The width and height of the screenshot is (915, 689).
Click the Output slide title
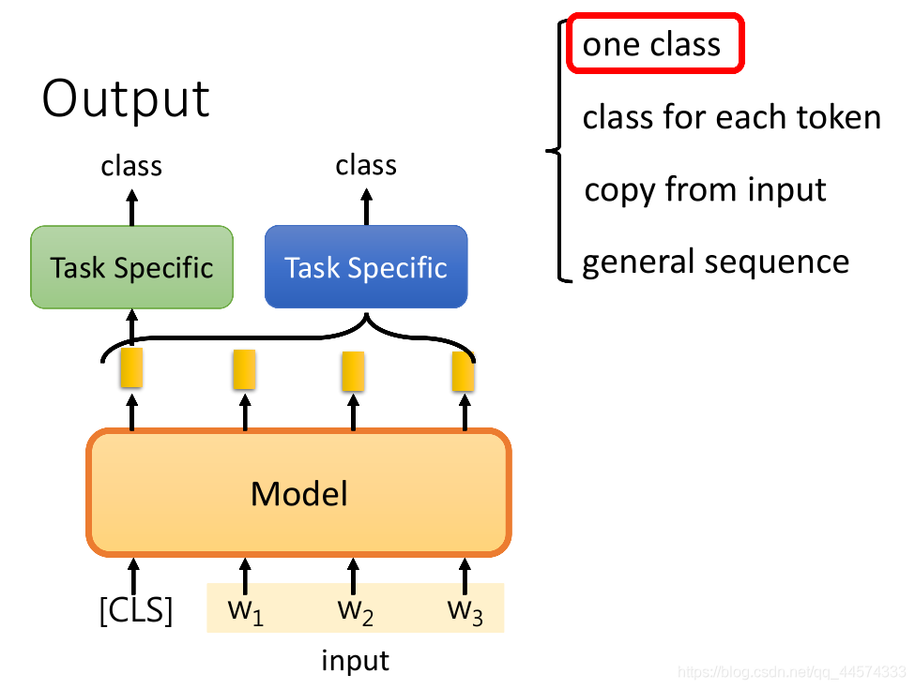pos(126,98)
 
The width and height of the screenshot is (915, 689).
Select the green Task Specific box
pos(131,267)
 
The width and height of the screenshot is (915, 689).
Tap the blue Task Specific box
pos(366,267)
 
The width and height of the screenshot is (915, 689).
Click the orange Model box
pos(299,493)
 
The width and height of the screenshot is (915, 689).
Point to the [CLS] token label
pos(136,610)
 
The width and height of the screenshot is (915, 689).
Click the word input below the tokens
pos(355,661)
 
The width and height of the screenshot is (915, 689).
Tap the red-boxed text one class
pos(652,44)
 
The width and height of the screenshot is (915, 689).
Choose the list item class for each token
pos(731,118)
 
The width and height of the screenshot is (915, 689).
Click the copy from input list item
pos(705,189)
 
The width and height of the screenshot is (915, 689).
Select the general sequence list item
pos(715,262)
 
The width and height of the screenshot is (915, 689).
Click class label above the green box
pos(131,166)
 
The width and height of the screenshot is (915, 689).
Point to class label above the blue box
pos(366,166)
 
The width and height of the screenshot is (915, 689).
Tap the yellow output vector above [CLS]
pos(130,369)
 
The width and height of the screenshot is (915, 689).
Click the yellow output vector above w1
pos(245,369)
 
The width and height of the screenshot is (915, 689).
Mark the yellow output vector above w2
pos(353,371)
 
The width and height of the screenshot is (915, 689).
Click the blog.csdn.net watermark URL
pos(791,672)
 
